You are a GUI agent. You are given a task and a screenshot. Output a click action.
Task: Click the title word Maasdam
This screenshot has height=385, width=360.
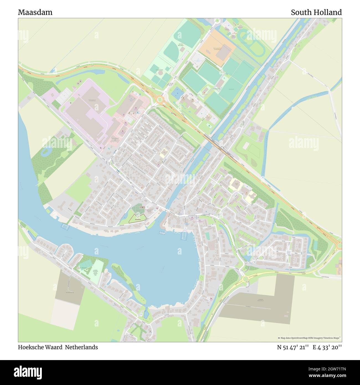coord(35,12)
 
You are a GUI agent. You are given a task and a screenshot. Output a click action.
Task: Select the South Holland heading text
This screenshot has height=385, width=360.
coord(316,12)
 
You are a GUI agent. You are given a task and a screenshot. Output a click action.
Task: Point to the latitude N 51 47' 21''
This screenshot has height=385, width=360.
coord(293,347)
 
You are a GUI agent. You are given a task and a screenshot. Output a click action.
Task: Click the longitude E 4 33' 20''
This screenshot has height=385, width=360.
coord(327,347)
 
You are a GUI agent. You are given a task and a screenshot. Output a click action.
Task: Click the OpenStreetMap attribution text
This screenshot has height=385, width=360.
coord(310,338)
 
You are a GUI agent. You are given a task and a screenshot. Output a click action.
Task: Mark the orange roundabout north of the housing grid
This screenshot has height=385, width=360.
coord(160,99)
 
